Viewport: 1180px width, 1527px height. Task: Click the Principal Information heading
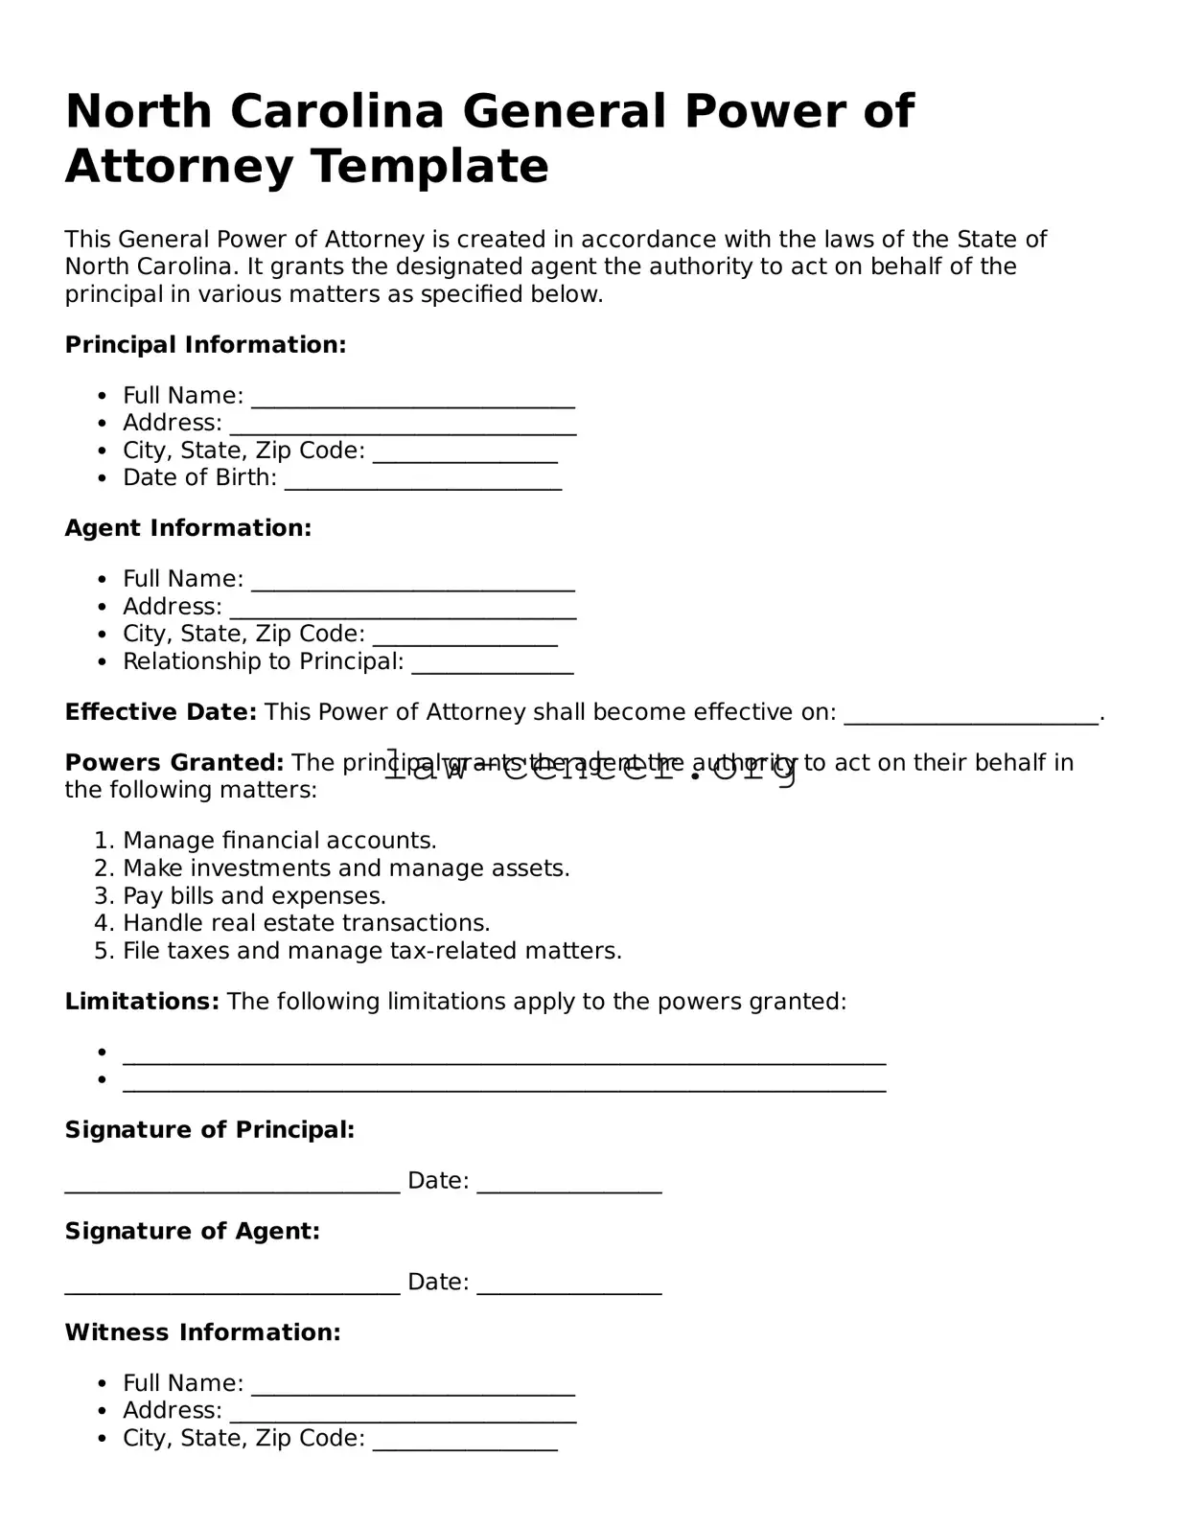[205, 345]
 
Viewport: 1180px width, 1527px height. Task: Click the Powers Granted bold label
[174, 763]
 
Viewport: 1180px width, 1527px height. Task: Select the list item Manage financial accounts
[279, 841]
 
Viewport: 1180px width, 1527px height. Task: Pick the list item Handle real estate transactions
[306, 923]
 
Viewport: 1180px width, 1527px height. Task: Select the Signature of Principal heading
[210, 1130]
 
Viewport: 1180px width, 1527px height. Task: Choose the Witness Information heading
[202, 1332]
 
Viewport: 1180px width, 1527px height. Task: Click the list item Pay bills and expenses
[254, 896]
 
